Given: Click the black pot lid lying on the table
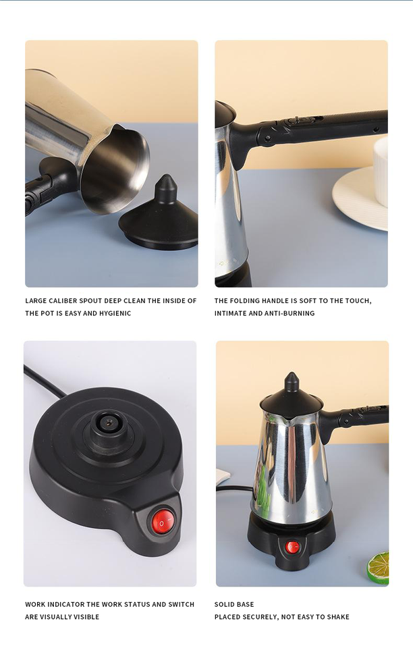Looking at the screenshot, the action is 159,218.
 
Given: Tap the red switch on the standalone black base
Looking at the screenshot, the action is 162,521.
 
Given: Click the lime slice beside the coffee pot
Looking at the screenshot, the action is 379,568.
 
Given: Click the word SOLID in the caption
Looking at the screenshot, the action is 224,604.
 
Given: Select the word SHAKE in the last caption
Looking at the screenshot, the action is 338,616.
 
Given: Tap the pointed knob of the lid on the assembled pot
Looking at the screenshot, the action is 291,381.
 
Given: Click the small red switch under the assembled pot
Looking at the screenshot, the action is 292,547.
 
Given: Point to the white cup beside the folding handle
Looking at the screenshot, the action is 381,171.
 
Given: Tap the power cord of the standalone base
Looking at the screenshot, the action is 43,380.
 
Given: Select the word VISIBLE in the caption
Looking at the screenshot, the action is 86,616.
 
